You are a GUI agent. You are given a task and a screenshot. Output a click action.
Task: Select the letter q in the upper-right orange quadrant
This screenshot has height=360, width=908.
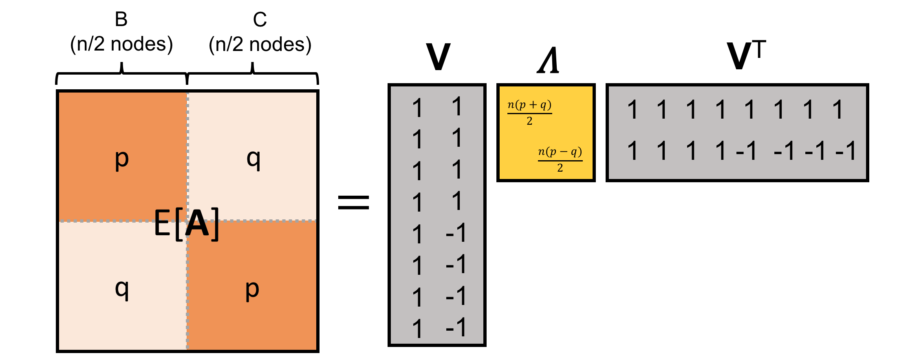[253, 159]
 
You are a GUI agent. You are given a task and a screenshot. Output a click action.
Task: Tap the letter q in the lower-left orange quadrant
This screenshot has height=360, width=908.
[121, 289]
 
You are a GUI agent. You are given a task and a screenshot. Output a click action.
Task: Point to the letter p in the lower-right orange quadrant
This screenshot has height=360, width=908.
[252, 290]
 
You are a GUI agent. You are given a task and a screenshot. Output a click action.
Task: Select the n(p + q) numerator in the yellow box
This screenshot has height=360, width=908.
[529, 105]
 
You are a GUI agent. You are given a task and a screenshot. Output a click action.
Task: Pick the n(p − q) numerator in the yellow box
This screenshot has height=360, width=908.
[560, 152]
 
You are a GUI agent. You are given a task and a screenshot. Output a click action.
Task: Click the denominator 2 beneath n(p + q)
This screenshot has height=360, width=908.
[529, 121]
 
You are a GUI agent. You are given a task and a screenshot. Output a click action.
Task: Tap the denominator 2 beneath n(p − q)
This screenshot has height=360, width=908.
[560, 168]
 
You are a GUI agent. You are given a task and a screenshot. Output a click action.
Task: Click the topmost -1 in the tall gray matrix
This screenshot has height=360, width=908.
[456, 233]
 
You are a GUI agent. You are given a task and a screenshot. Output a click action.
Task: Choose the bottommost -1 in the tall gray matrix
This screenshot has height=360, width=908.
[456, 327]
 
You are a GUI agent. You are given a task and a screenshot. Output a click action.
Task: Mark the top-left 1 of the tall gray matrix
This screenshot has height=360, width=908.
[417, 108]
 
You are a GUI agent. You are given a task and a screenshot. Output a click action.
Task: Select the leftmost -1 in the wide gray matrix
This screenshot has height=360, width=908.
[747, 151]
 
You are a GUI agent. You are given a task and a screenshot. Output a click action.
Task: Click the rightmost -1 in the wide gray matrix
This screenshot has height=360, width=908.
[846, 151]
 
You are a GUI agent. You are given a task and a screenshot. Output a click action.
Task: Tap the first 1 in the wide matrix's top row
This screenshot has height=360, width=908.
[633, 110]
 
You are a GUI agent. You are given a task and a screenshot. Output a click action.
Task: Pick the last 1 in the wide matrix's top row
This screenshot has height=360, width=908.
[838, 110]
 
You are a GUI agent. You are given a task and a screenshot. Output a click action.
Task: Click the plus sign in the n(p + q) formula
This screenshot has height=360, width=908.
[533, 105]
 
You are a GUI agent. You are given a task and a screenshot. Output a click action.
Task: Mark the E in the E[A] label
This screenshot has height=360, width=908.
[162, 223]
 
